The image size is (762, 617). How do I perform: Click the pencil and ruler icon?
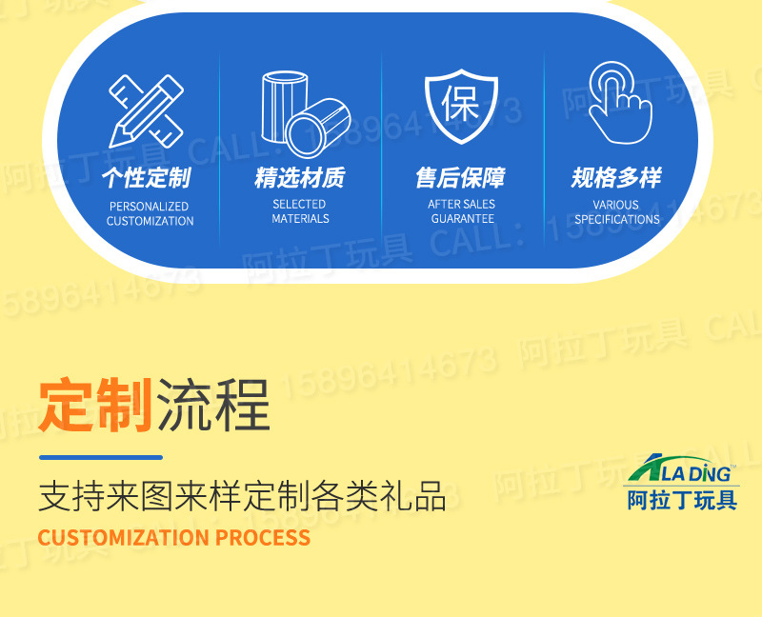(146, 110)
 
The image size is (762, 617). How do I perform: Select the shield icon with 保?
(462, 107)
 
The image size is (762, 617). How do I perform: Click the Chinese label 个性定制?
(147, 178)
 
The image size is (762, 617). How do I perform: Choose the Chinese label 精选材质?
(300, 178)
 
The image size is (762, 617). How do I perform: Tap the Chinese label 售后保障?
(461, 178)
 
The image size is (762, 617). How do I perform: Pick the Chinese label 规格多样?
(616, 178)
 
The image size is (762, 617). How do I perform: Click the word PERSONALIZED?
(150, 206)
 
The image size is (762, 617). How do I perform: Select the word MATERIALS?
(300, 219)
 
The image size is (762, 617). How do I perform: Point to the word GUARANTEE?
(462, 219)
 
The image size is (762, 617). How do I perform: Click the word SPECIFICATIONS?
(617, 219)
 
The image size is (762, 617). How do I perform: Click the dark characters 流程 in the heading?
(213, 405)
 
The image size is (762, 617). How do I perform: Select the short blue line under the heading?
(100, 458)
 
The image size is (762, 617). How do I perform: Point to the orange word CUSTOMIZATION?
(123, 538)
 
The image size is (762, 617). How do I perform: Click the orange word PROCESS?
(263, 538)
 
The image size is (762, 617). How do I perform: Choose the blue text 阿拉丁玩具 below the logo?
(682, 499)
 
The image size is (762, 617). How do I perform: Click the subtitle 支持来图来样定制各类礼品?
(242, 497)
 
